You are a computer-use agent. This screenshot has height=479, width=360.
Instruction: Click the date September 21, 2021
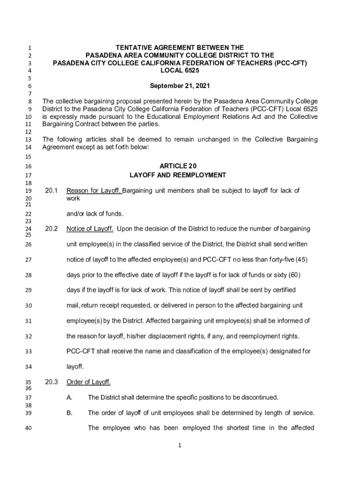(x=180, y=86)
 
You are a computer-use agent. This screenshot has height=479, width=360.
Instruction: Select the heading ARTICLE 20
(x=178, y=166)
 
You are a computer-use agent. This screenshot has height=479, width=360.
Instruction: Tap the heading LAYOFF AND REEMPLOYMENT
(x=178, y=175)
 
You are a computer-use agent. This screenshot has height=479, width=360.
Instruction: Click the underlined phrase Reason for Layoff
(x=94, y=190)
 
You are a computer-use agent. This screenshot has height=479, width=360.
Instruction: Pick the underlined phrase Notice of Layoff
(x=90, y=229)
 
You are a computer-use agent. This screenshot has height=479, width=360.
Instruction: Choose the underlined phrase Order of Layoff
(x=89, y=382)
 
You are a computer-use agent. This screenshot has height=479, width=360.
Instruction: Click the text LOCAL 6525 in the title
(x=180, y=70)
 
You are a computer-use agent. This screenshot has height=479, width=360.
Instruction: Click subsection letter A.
(x=69, y=398)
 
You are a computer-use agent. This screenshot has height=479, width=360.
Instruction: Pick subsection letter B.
(x=69, y=413)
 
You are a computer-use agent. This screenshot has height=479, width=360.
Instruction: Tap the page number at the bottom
(x=180, y=445)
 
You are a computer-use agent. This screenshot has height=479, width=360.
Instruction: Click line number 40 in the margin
(x=28, y=428)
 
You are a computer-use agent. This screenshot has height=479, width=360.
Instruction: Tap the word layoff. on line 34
(x=75, y=367)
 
